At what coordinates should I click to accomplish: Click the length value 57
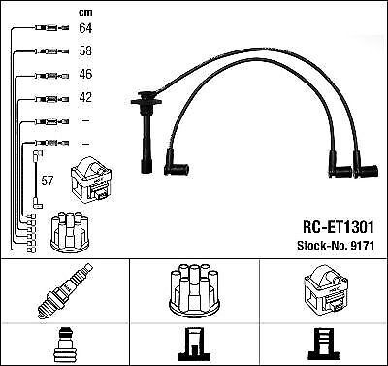[47, 181]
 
